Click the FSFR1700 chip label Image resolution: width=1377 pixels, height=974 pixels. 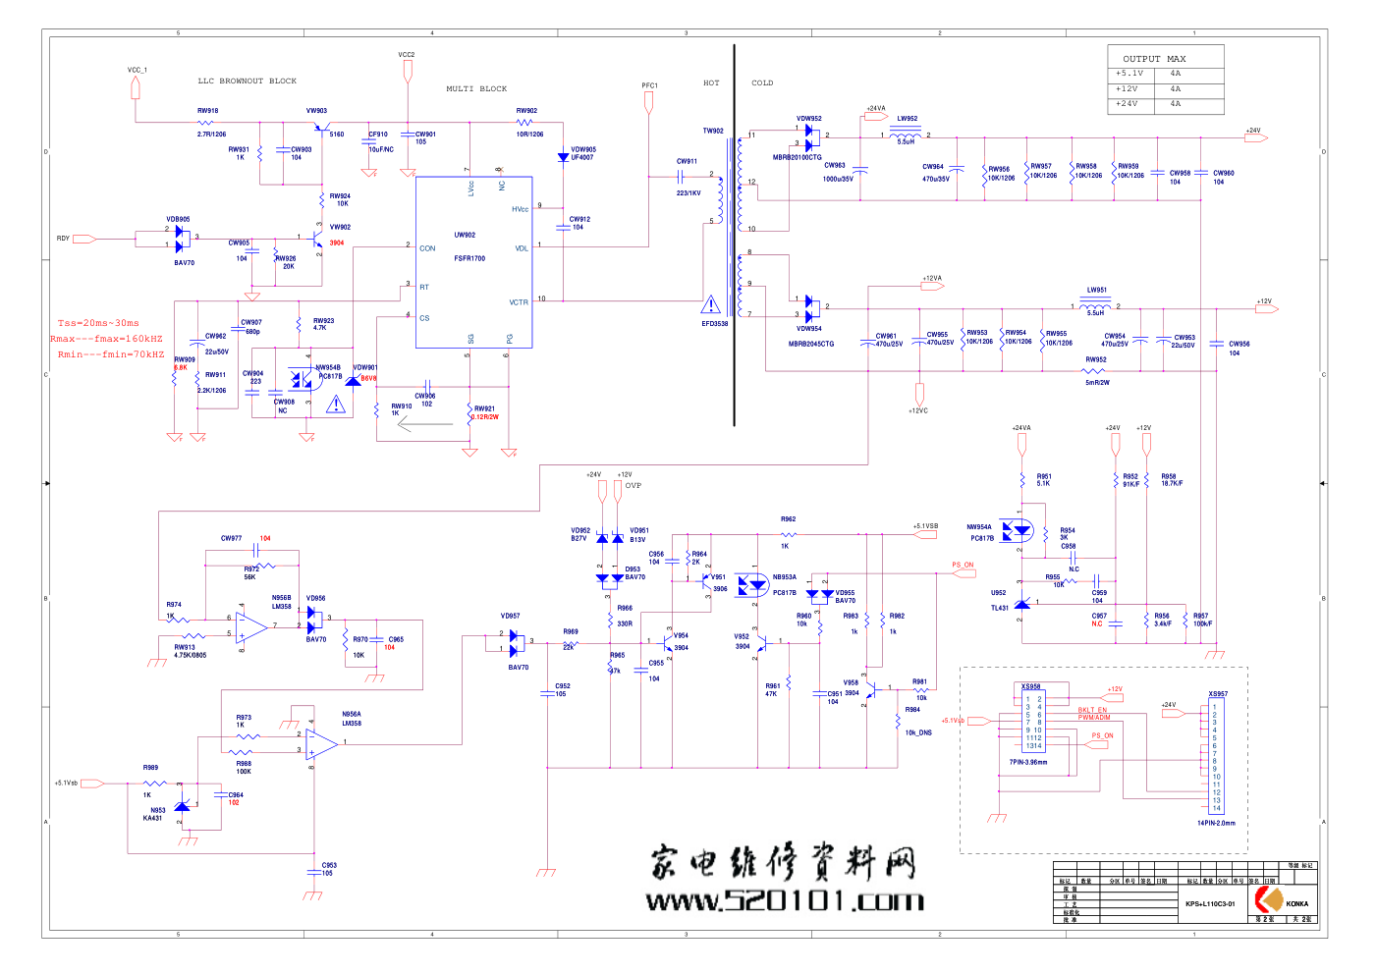[469, 258]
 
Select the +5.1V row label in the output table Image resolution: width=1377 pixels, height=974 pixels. [1129, 74]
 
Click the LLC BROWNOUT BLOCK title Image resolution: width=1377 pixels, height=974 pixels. [247, 81]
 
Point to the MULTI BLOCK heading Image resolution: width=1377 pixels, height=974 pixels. [476, 89]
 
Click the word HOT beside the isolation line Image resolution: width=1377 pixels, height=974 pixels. [711, 83]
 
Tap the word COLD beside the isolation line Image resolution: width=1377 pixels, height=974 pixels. [762, 83]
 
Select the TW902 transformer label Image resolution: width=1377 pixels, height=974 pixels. [713, 131]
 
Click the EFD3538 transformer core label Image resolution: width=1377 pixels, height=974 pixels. [715, 324]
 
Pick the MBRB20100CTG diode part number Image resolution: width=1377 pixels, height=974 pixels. [797, 157]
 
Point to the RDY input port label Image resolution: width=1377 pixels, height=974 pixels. [63, 239]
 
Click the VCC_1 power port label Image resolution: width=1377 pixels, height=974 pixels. [137, 71]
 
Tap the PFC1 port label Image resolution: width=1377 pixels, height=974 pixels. [649, 85]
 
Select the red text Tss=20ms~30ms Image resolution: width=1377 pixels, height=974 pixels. [98, 323]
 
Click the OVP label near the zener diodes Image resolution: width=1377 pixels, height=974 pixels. [633, 485]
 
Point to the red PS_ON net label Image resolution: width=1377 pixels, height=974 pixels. [963, 565]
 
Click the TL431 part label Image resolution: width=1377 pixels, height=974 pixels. [1000, 608]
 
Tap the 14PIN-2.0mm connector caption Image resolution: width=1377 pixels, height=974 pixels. [1216, 823]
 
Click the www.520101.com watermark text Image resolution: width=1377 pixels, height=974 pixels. [785, 900]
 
